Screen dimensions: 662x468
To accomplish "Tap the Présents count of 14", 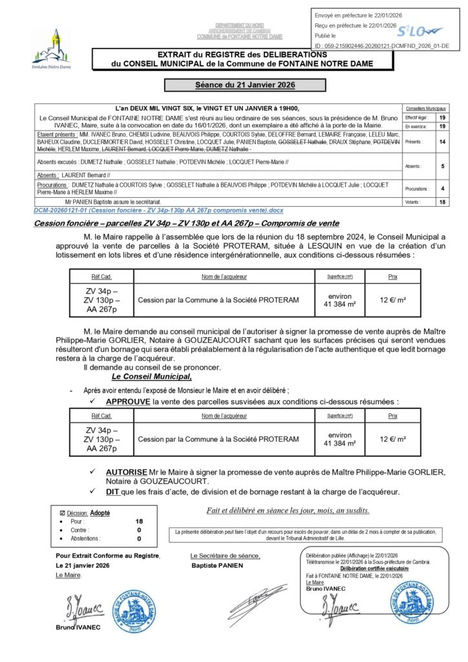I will point(442,140).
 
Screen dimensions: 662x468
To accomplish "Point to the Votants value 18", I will point(442,202).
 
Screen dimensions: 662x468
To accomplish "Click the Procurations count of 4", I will point(442,189).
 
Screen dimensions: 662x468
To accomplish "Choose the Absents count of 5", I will point(442,166).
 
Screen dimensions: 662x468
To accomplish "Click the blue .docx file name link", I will point(158,211).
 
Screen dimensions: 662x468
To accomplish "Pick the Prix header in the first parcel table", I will point(393,277).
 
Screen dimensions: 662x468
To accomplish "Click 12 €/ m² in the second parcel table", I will point(393,439).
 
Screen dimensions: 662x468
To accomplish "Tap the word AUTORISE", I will point(126,473).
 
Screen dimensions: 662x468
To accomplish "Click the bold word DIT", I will point(112,492).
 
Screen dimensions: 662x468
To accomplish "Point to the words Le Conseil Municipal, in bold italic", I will point(151,376).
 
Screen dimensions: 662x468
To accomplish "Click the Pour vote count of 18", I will point(139,521).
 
